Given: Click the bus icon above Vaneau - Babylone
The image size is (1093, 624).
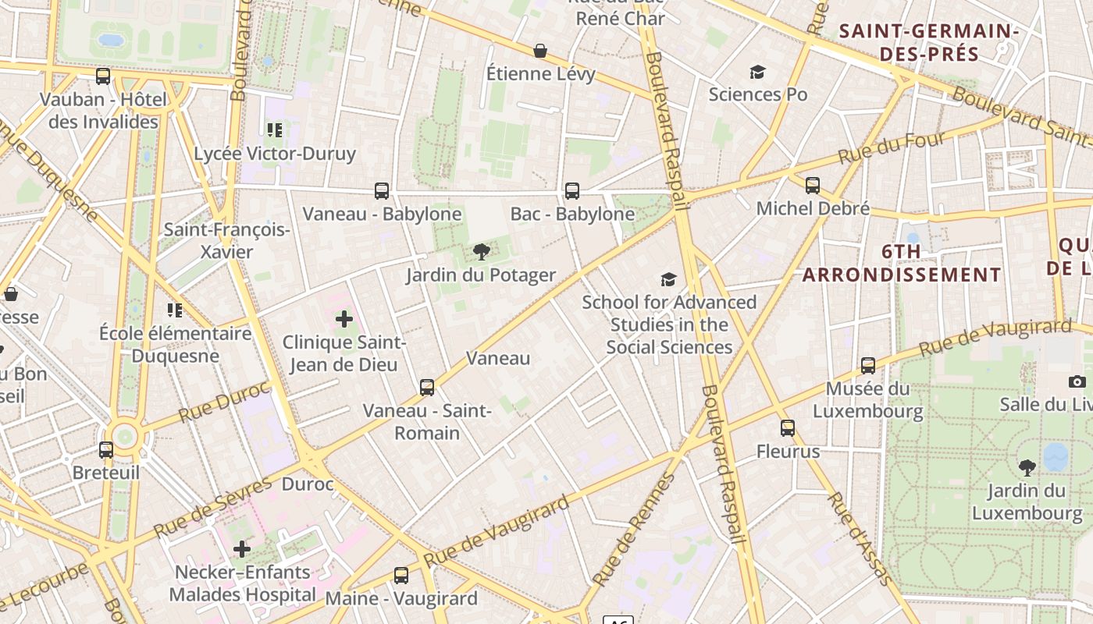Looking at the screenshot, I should [x=382, y=190].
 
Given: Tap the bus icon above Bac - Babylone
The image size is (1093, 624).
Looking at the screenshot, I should [x=572, y=190].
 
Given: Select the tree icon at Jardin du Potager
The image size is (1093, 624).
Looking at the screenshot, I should [x=482, y=251].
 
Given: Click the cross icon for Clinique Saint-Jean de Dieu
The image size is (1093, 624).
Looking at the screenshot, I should [x=344, y=318].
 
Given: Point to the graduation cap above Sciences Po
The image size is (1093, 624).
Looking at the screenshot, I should [x=757, y=72].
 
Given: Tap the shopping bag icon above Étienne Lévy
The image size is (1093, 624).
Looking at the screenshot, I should [x=540, y=51].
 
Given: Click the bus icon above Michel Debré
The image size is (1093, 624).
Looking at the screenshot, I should [x=813, y=185].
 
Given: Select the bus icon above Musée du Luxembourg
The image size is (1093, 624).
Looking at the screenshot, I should [x=868, y=365].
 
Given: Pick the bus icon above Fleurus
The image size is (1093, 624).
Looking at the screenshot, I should [x=788, y=427].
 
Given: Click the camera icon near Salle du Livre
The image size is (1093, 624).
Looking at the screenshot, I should [x=1077, y=381].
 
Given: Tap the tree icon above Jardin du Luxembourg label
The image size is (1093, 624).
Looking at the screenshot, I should [x=1027, y=467].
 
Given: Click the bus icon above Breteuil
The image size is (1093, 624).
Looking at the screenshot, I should [x=106, y=449].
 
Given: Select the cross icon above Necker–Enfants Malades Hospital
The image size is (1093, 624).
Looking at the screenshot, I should [x=242, y=548].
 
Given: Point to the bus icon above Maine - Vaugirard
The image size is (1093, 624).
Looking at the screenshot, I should [x=401, y=575].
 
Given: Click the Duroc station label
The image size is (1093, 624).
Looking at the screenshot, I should [x=308, y=484].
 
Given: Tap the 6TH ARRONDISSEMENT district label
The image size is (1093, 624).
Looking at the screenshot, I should [x=902, y=263].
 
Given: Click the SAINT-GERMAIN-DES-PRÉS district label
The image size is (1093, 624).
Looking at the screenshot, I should [x=929, y=43].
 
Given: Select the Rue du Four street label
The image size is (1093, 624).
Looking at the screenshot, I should [x=892, y=147].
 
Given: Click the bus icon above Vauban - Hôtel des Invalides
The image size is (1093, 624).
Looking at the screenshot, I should [x=103, y=76].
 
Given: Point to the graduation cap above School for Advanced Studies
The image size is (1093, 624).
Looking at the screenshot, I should [x=668, y=279].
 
